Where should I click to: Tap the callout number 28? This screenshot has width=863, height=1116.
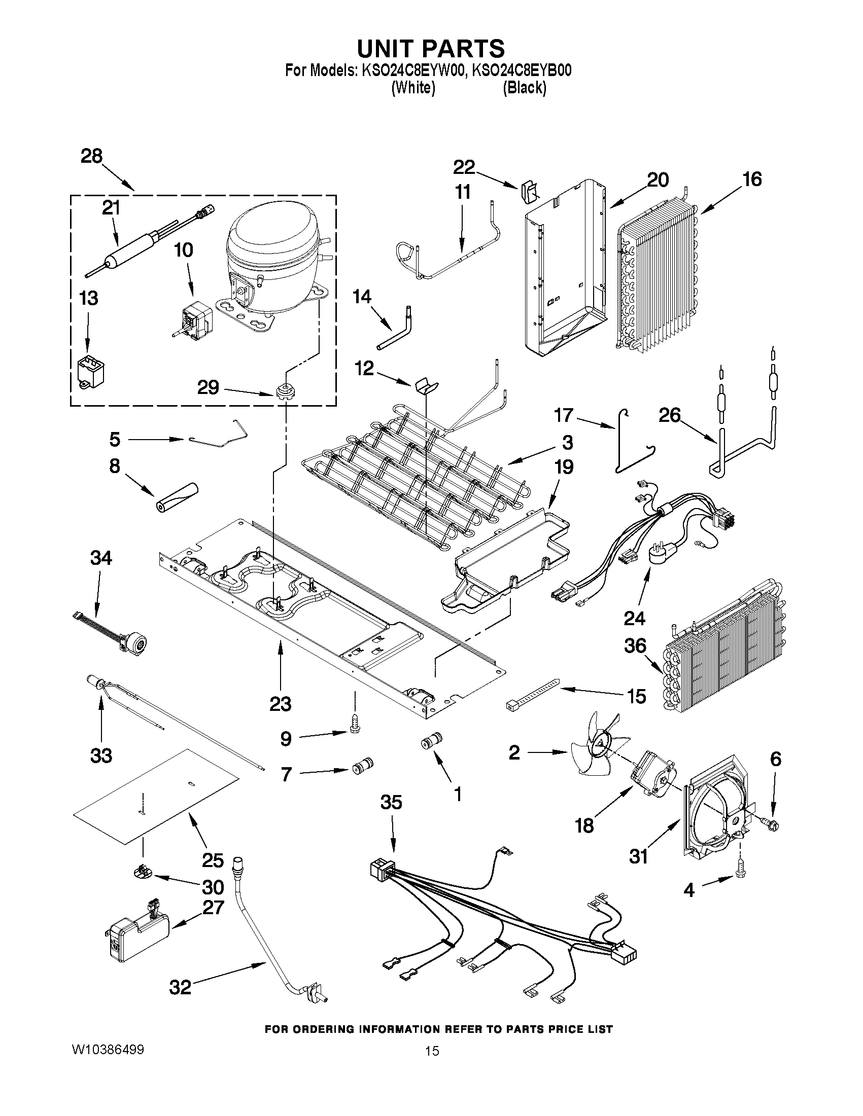click(x=91, y=156)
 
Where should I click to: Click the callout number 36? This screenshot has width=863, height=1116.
click(x=635, y=646)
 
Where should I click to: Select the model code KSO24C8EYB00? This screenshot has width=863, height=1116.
click(x=521, y=70)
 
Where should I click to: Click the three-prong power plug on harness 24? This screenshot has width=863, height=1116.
click(x=661, y=554)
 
